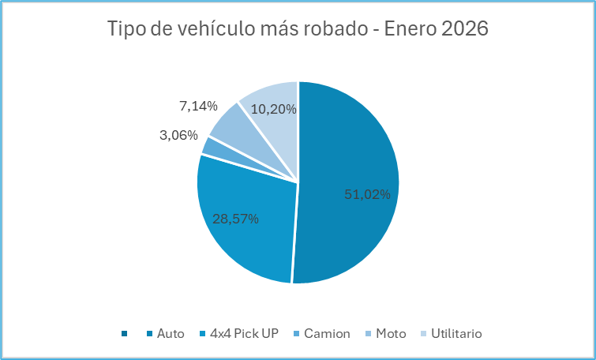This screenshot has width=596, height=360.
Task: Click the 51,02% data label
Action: pos(367,194)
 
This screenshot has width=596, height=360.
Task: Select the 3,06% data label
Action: pos(178,135)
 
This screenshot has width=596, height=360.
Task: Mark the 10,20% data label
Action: pos(274,110)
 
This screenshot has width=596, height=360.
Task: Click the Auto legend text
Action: pos(171,334)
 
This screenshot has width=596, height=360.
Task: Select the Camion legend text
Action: pos(327,334)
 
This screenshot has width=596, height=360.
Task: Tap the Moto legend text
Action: pos(391,334)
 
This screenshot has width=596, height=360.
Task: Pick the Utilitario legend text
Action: pos(456,334)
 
